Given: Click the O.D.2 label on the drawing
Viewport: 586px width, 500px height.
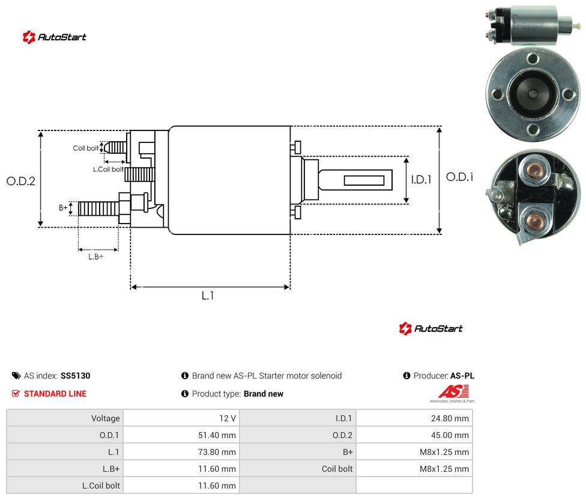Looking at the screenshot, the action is (21, 181).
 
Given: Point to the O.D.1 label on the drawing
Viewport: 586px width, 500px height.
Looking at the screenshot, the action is (460, 177).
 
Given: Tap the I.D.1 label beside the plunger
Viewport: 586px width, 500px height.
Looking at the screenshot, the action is (421, 180).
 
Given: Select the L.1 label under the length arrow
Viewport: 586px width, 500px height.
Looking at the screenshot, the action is (208, 296).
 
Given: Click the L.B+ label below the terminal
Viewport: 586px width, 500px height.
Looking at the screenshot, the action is (96, 257).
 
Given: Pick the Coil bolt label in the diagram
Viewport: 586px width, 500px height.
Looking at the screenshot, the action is (86, 148).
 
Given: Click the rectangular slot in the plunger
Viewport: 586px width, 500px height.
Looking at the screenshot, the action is (364, 181).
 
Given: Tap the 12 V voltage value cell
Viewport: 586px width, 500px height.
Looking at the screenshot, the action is (228, 418).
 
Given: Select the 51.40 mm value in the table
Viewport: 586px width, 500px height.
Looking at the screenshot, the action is (217, 435).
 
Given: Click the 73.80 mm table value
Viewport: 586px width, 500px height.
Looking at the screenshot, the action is (217, 452).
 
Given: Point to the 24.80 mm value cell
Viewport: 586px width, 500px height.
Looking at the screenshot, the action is (450, 418).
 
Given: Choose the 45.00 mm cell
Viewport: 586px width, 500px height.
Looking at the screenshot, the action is (450, 435).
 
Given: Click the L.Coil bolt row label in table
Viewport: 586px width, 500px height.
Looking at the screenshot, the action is (101, 486).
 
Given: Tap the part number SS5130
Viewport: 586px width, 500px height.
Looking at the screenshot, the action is (76, 376).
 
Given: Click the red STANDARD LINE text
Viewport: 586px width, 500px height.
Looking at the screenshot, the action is (55, 394).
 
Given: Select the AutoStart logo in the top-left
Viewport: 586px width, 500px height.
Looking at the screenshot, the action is (55, 37).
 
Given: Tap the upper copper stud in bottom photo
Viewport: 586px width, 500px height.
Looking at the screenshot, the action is (535, 171).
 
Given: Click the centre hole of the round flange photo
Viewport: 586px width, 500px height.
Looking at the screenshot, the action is (533, 94).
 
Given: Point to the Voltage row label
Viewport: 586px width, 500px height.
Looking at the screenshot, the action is (106, 418).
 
